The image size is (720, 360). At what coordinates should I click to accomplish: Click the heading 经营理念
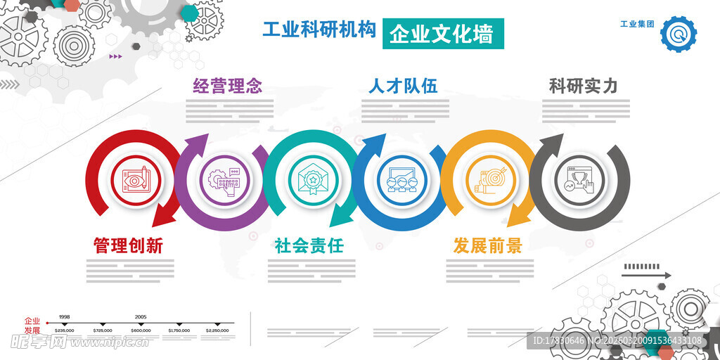pos(228,86)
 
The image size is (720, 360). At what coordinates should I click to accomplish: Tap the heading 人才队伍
pos(403,86)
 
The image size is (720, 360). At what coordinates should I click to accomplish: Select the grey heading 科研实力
pos(583,86)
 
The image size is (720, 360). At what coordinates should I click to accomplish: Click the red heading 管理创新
pos(128,245)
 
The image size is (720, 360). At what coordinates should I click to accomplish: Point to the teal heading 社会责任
pos(309,245)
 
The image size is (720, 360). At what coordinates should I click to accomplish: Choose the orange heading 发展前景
pos(487,245)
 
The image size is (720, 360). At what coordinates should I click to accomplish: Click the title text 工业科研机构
pos(319,30)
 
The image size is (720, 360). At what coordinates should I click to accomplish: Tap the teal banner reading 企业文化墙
pos(442,33)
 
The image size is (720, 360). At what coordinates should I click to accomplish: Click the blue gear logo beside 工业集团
pos(679,34)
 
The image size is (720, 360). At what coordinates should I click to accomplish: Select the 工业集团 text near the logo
pos(637,24)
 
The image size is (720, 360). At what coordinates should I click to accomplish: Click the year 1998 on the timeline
pos(64,317)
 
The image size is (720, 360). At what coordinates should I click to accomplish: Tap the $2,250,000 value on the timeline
pos(217,330)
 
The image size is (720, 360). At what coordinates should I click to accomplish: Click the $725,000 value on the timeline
pos(102,330)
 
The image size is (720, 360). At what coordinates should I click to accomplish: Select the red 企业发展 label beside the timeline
pos(32,325)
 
